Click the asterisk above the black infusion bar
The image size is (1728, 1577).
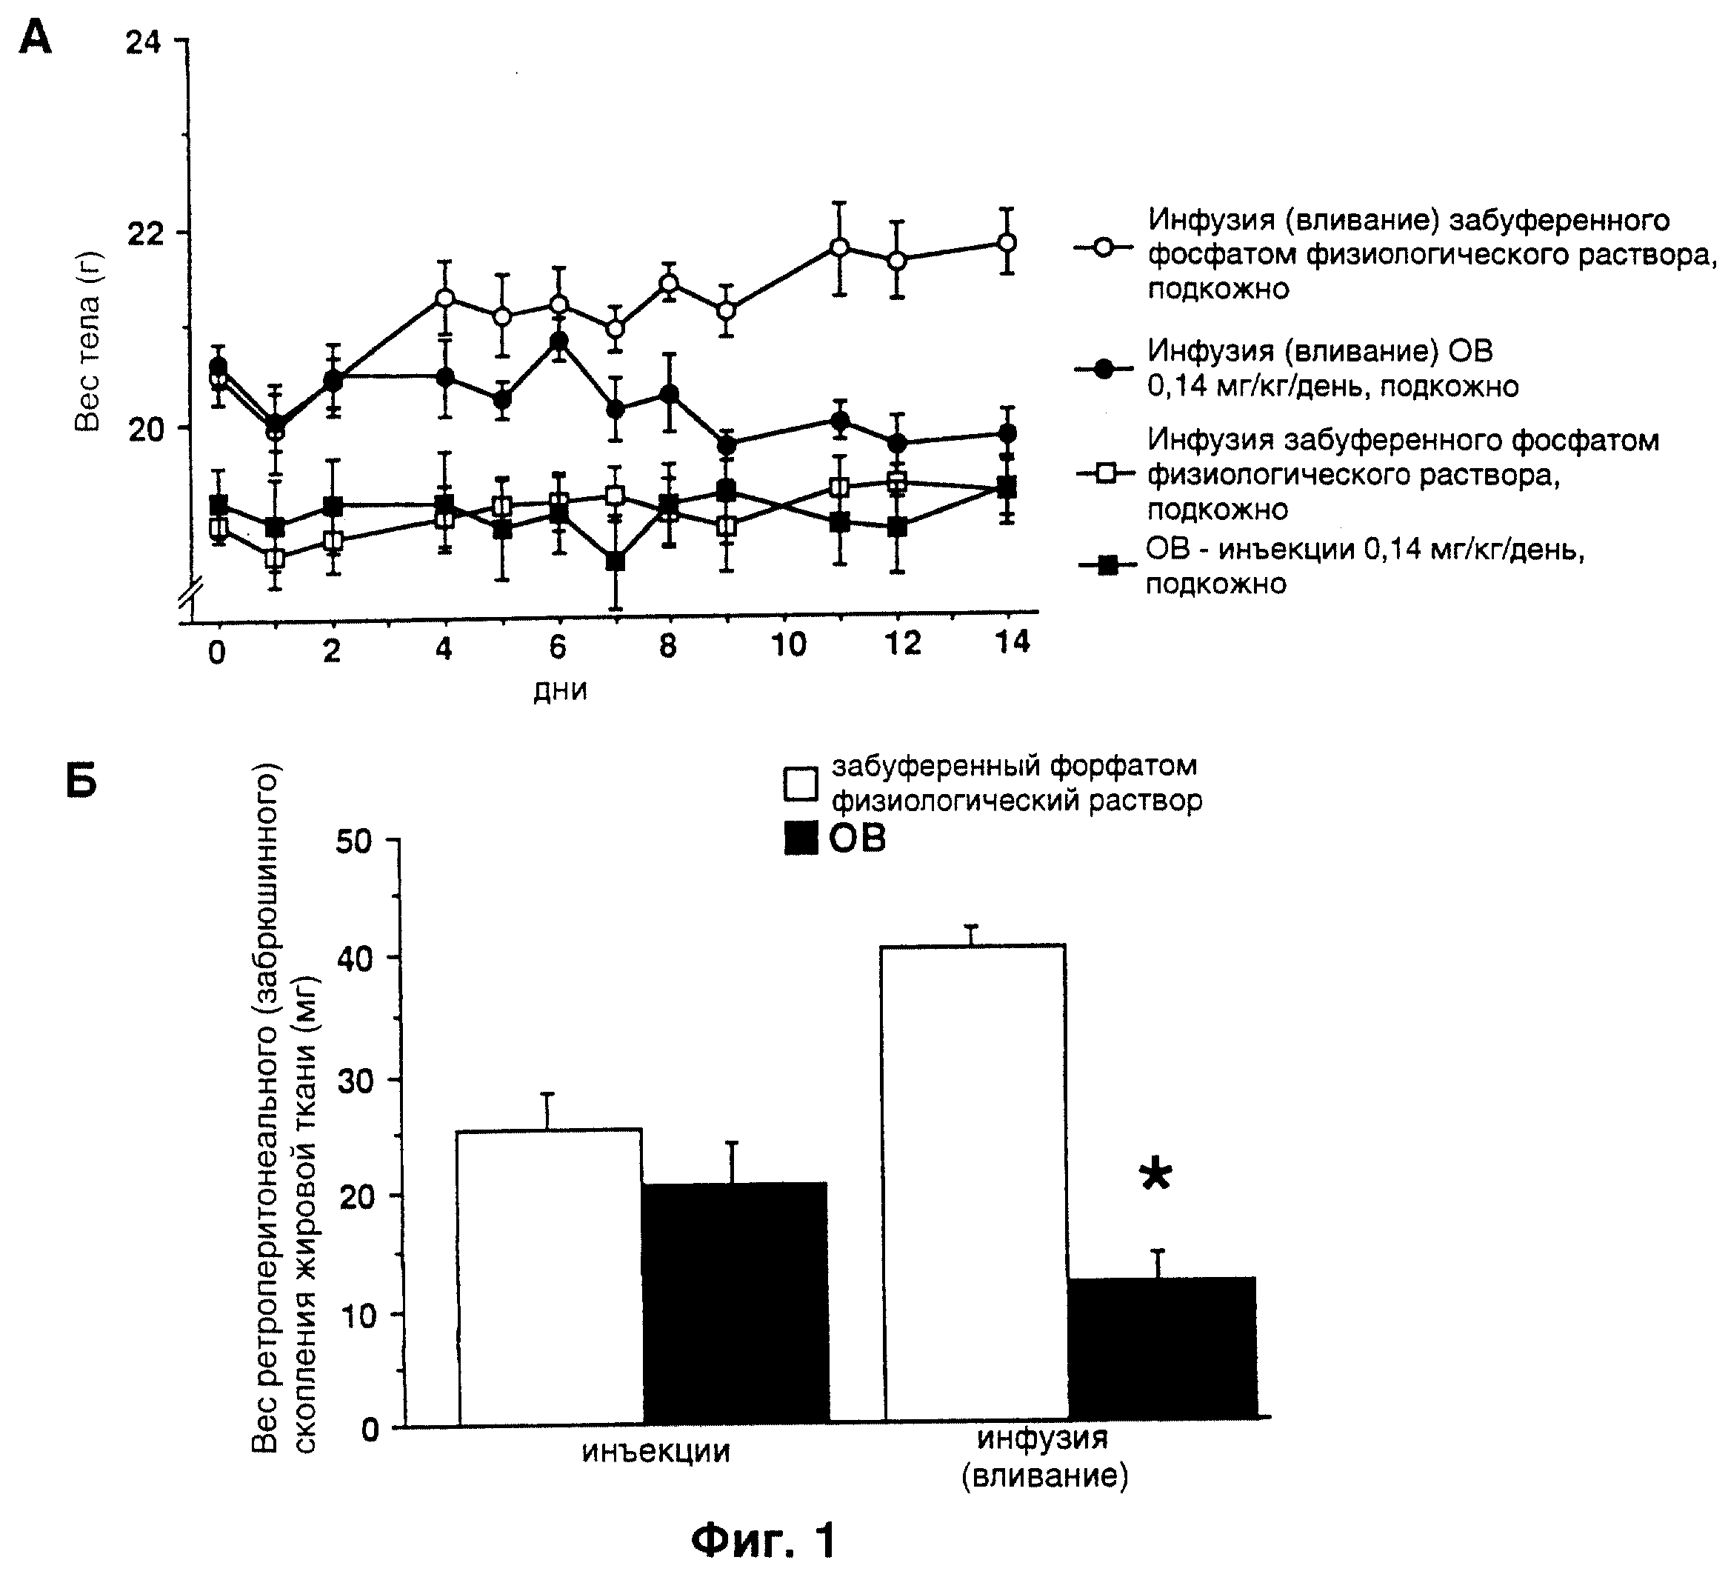pos(1155,1174)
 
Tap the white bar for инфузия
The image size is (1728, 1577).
pos(975,1183)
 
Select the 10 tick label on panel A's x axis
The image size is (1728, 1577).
pos(788,644)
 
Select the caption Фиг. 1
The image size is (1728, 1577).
pos(763,1540)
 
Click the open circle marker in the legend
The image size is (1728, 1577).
pos(1104,247)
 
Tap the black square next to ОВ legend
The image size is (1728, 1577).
pos(801,838)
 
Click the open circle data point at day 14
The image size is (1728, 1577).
pos(1008,242)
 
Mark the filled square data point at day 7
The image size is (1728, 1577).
pos(615,561)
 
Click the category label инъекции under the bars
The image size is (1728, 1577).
pos(655,1452)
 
